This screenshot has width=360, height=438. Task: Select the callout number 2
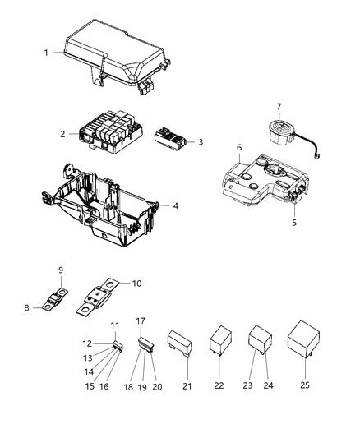(62, 133)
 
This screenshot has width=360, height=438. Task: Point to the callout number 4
(175, 205)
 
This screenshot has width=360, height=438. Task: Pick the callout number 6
(238, 147)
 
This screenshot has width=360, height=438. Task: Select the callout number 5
(293, 222)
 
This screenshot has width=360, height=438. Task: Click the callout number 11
(115, 325)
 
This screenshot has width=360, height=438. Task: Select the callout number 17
(141, 320)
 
